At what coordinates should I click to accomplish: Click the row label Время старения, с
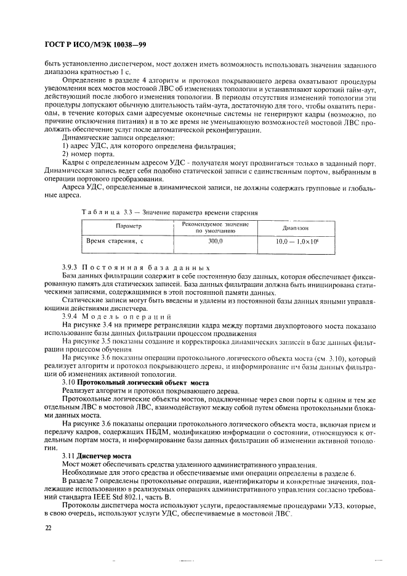(114, 242)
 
